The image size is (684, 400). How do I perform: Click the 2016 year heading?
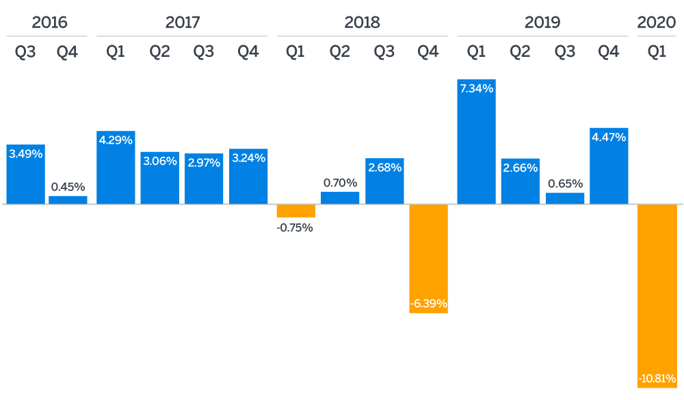pyautogui.click(x=49, y=22)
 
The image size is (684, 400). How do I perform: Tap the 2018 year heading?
pyautogui.click(x=362, y=22)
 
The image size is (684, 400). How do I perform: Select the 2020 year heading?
pyautogui.click(x=656, y=22)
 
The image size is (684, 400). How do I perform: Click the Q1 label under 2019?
pyautogui.click(x=476, y=52)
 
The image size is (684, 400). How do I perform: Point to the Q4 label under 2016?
pyautogui.click(x=67, y=52)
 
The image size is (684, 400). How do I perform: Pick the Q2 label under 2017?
pyautogui.click(x=159, y=52)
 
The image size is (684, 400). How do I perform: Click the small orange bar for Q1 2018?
pyautogui.click(x=295, y=211)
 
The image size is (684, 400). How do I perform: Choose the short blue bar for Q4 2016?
pyautogui.click(x=68, y=200)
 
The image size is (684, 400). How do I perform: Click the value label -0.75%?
pyautogui.click(x=295, y=228)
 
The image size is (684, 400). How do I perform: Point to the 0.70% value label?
pyautogui.click(x=340, y=183)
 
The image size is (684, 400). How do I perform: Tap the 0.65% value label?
pyautogui.click(x=565, y=184)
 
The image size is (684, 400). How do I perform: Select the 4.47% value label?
pyautogui.click(x=609, y=137)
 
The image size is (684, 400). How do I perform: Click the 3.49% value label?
pyautogui.click(x=26, y=153)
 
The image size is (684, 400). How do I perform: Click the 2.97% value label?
pyautogui.click(x=204, y=162)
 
